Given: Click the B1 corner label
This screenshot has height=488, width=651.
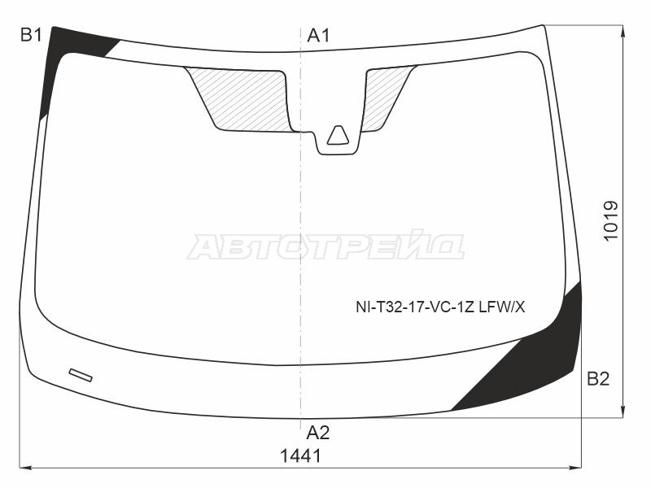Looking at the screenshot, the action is pos(31,35).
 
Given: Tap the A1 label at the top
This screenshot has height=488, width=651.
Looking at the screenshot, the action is pos(318,36).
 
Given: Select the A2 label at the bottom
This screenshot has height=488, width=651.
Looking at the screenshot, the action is pos(318,433).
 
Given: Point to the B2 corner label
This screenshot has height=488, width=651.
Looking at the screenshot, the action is pos(598,379).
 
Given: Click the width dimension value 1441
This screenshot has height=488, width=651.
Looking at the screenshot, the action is pos(300,456).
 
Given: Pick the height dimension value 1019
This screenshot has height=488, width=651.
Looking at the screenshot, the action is pos(611,220).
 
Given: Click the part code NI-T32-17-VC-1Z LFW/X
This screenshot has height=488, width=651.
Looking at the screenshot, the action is pos(440,307).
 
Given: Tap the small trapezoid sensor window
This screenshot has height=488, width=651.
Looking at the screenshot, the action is pos(338,135).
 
